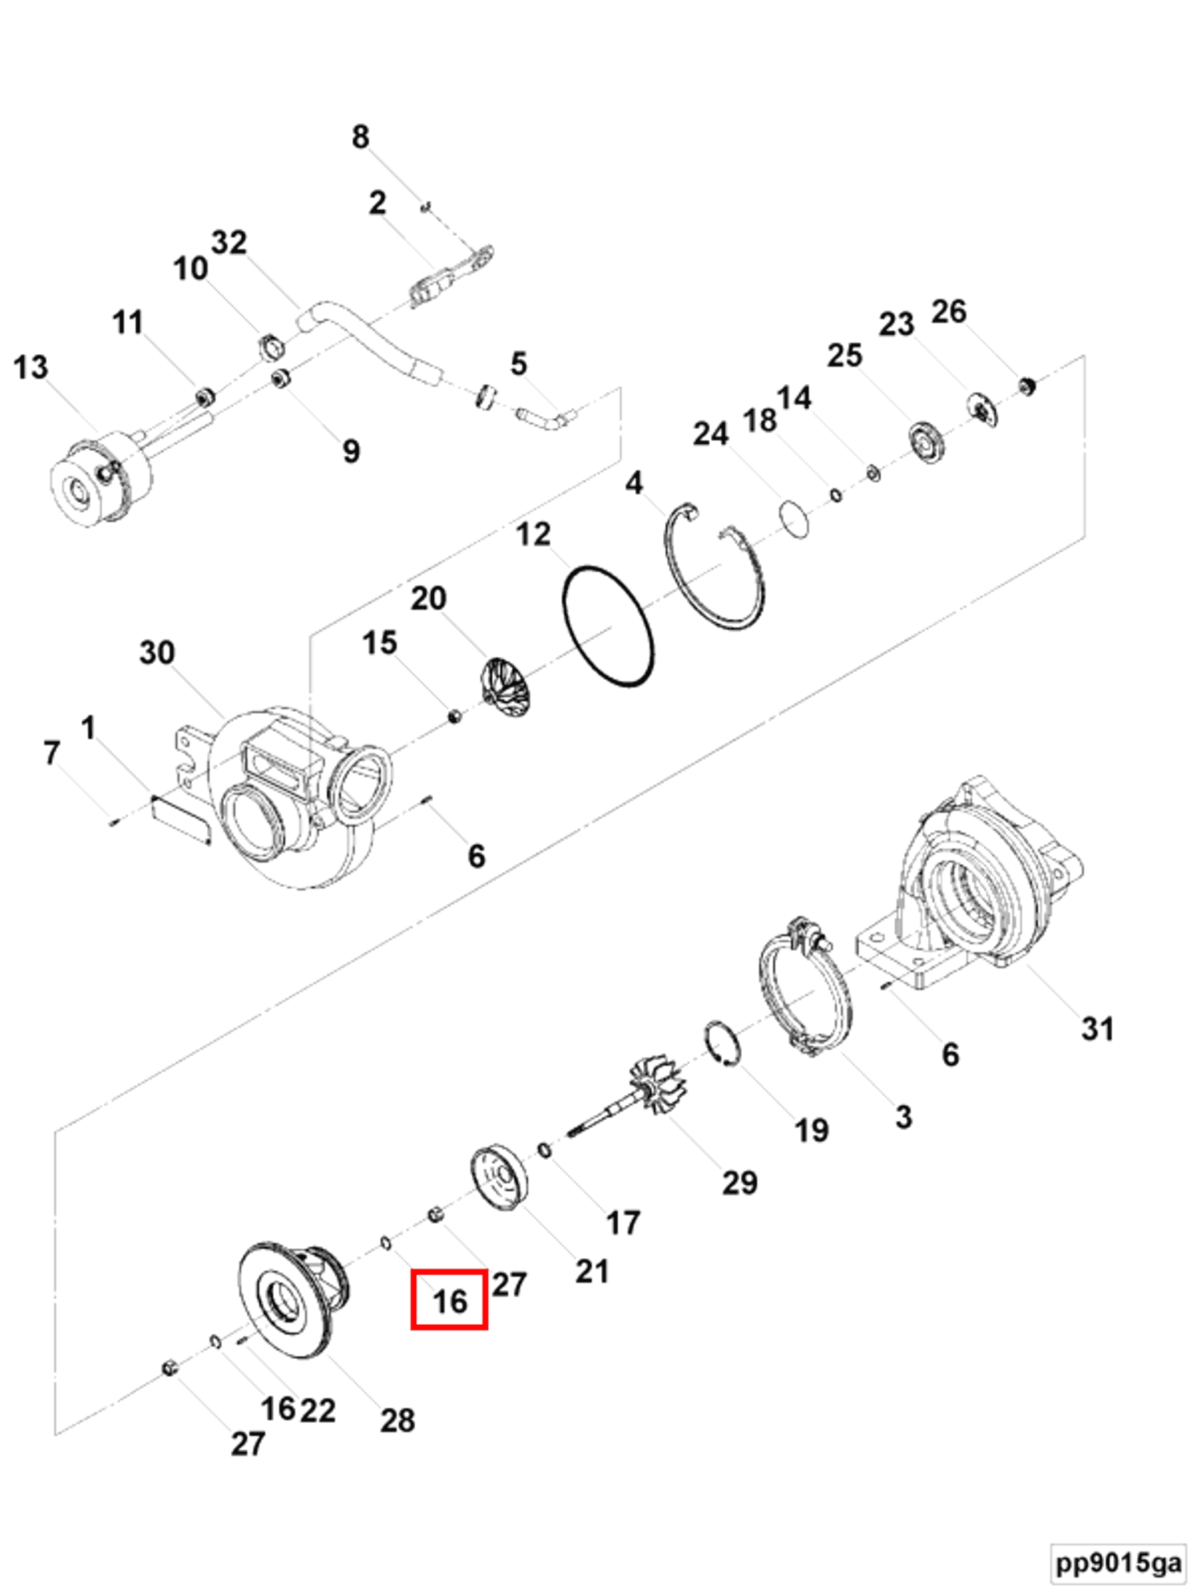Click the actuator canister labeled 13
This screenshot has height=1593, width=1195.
101,477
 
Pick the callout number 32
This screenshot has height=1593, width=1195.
229,242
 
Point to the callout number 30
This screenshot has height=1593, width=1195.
157,652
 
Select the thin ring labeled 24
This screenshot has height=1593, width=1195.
793,519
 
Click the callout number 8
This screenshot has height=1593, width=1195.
360,137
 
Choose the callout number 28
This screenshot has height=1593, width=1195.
398,1420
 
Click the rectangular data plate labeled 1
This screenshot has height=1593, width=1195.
180,817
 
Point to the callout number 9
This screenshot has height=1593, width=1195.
351,451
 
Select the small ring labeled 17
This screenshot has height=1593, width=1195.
546,1151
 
